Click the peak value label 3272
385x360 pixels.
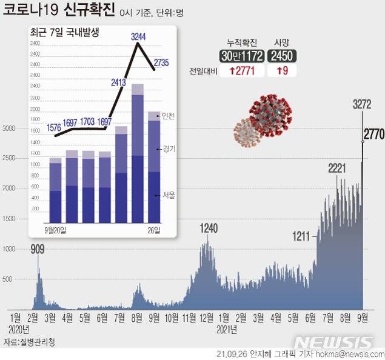[361, 104]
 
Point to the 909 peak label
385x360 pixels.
[38, 248]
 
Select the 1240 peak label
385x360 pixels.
[208, 228]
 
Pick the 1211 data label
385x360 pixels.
[301, 235]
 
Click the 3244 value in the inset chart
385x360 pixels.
[139, 37]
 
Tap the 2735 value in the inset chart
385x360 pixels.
[161, 62]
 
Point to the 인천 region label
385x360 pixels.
[168, 117]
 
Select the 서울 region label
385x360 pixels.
[168, 195]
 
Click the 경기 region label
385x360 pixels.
[168, 148]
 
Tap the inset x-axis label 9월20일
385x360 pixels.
[56, 230]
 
